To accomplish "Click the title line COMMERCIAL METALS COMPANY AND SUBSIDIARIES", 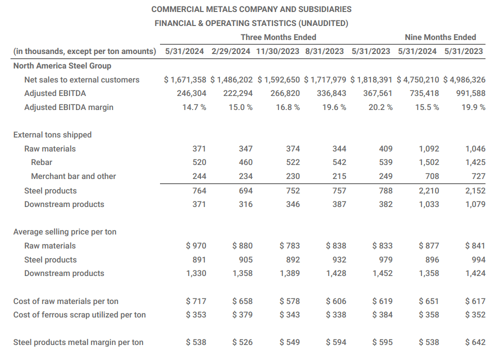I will coord(251,9).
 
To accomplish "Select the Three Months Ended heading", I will coord(278,37).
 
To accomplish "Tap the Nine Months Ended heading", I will coord(440,37).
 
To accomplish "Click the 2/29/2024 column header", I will coord(231,51).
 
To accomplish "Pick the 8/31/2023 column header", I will coord(324,51).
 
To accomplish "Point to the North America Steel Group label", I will coord(62,65).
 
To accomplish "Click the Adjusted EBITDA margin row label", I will coord(69,107).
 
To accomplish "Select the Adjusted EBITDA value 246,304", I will coord(191,93).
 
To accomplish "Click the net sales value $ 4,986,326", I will coord(464,79).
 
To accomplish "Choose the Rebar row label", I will coord(41,162).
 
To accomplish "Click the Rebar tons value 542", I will coord(339,162).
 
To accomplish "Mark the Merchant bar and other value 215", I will coord(339,176).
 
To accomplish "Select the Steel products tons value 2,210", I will coord(429,190).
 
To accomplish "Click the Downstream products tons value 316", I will coord(245,204).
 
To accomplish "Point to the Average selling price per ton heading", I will coord(65,231).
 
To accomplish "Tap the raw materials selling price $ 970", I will coord(195,245).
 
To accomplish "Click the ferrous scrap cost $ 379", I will coord(242,314).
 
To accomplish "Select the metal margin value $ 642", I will coord(474,342).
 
